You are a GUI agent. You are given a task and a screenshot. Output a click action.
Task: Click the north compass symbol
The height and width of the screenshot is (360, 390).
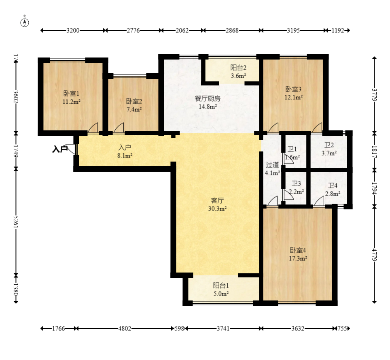click(24, 23)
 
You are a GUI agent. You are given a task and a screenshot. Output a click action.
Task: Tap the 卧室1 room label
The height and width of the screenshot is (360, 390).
click(71, 94)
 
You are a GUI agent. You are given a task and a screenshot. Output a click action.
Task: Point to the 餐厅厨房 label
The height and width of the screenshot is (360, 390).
click(208, 98)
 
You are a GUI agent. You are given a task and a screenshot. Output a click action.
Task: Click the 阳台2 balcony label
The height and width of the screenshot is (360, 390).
click(238, 68)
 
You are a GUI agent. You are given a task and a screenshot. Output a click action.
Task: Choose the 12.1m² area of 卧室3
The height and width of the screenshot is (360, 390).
click(293, 97)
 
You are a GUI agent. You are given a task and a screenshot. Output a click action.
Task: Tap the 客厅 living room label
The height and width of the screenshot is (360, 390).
click(217, 200)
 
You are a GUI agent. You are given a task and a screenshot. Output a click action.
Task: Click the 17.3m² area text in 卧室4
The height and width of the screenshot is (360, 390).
click(298, 258)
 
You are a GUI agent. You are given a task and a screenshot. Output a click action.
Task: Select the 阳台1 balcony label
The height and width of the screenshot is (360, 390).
click(221, 285)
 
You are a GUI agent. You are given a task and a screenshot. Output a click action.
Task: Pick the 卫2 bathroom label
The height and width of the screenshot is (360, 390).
click(329, 145)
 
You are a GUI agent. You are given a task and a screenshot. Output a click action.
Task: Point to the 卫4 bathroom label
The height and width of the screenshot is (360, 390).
click(333, 185)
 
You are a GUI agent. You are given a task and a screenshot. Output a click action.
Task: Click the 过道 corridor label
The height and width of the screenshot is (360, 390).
click(272, 165)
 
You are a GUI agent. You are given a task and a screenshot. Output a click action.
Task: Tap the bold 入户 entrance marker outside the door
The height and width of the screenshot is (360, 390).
click(60, 149)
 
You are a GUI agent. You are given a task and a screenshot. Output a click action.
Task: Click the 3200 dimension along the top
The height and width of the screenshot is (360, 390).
click(73, 30)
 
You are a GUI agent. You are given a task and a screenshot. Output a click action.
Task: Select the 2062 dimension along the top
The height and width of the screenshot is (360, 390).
click(182, 30)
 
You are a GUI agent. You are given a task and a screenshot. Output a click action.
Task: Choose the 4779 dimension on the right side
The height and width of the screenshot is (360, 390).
click(374, 254)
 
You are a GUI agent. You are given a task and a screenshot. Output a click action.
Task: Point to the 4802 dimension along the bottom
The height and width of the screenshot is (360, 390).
click(125, 328)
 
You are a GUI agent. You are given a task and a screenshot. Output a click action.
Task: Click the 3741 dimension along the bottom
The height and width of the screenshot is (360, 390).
click(223, 328)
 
